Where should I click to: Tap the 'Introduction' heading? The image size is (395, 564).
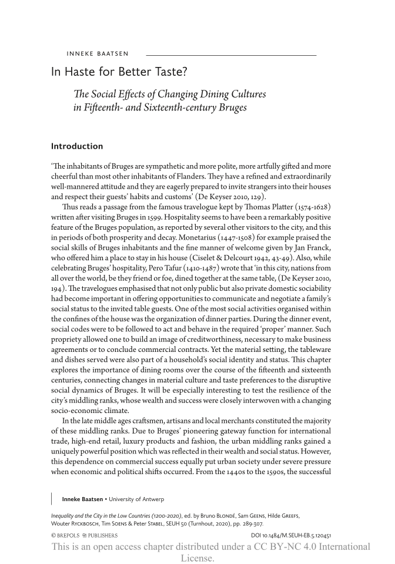[x=77, y=146]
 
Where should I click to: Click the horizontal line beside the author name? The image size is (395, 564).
[x=230, y=55]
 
